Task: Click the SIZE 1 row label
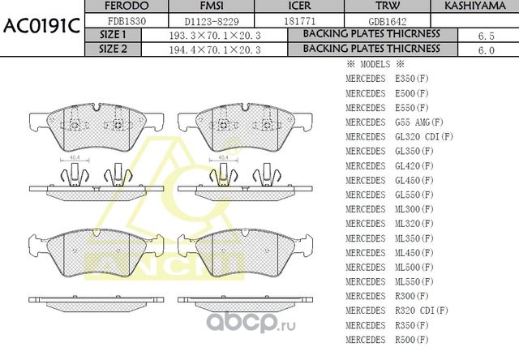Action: click(x=113, y=35)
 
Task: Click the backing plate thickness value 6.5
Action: click(x=486, y=36)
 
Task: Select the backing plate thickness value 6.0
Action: click(x=486, y=49)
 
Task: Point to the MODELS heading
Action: click(x=375, y=64)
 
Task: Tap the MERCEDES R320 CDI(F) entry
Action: click(x=397, y=311)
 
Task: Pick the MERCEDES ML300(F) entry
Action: click(x=387, y=209)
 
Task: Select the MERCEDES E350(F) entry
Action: click(x=387, y=78)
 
